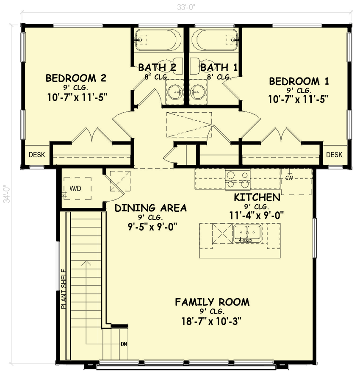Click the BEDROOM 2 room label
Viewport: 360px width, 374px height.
[75, 78]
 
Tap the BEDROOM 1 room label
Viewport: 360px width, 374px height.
[299, 81]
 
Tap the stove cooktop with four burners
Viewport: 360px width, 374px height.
[237, 179]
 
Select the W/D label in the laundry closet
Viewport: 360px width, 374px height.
[76, 188]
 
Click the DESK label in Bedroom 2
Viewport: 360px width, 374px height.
[37, 155]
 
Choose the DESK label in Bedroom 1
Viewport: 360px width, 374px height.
[334, 155]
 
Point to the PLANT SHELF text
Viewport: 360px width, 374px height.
[64, 289]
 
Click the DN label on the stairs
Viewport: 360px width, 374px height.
[124, 344]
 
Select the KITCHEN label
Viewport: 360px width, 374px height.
[257, 197]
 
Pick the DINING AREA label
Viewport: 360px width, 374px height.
[150, 208]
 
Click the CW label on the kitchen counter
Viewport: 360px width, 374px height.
[289, 178]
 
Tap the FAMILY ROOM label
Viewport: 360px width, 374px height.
[212, 302]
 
